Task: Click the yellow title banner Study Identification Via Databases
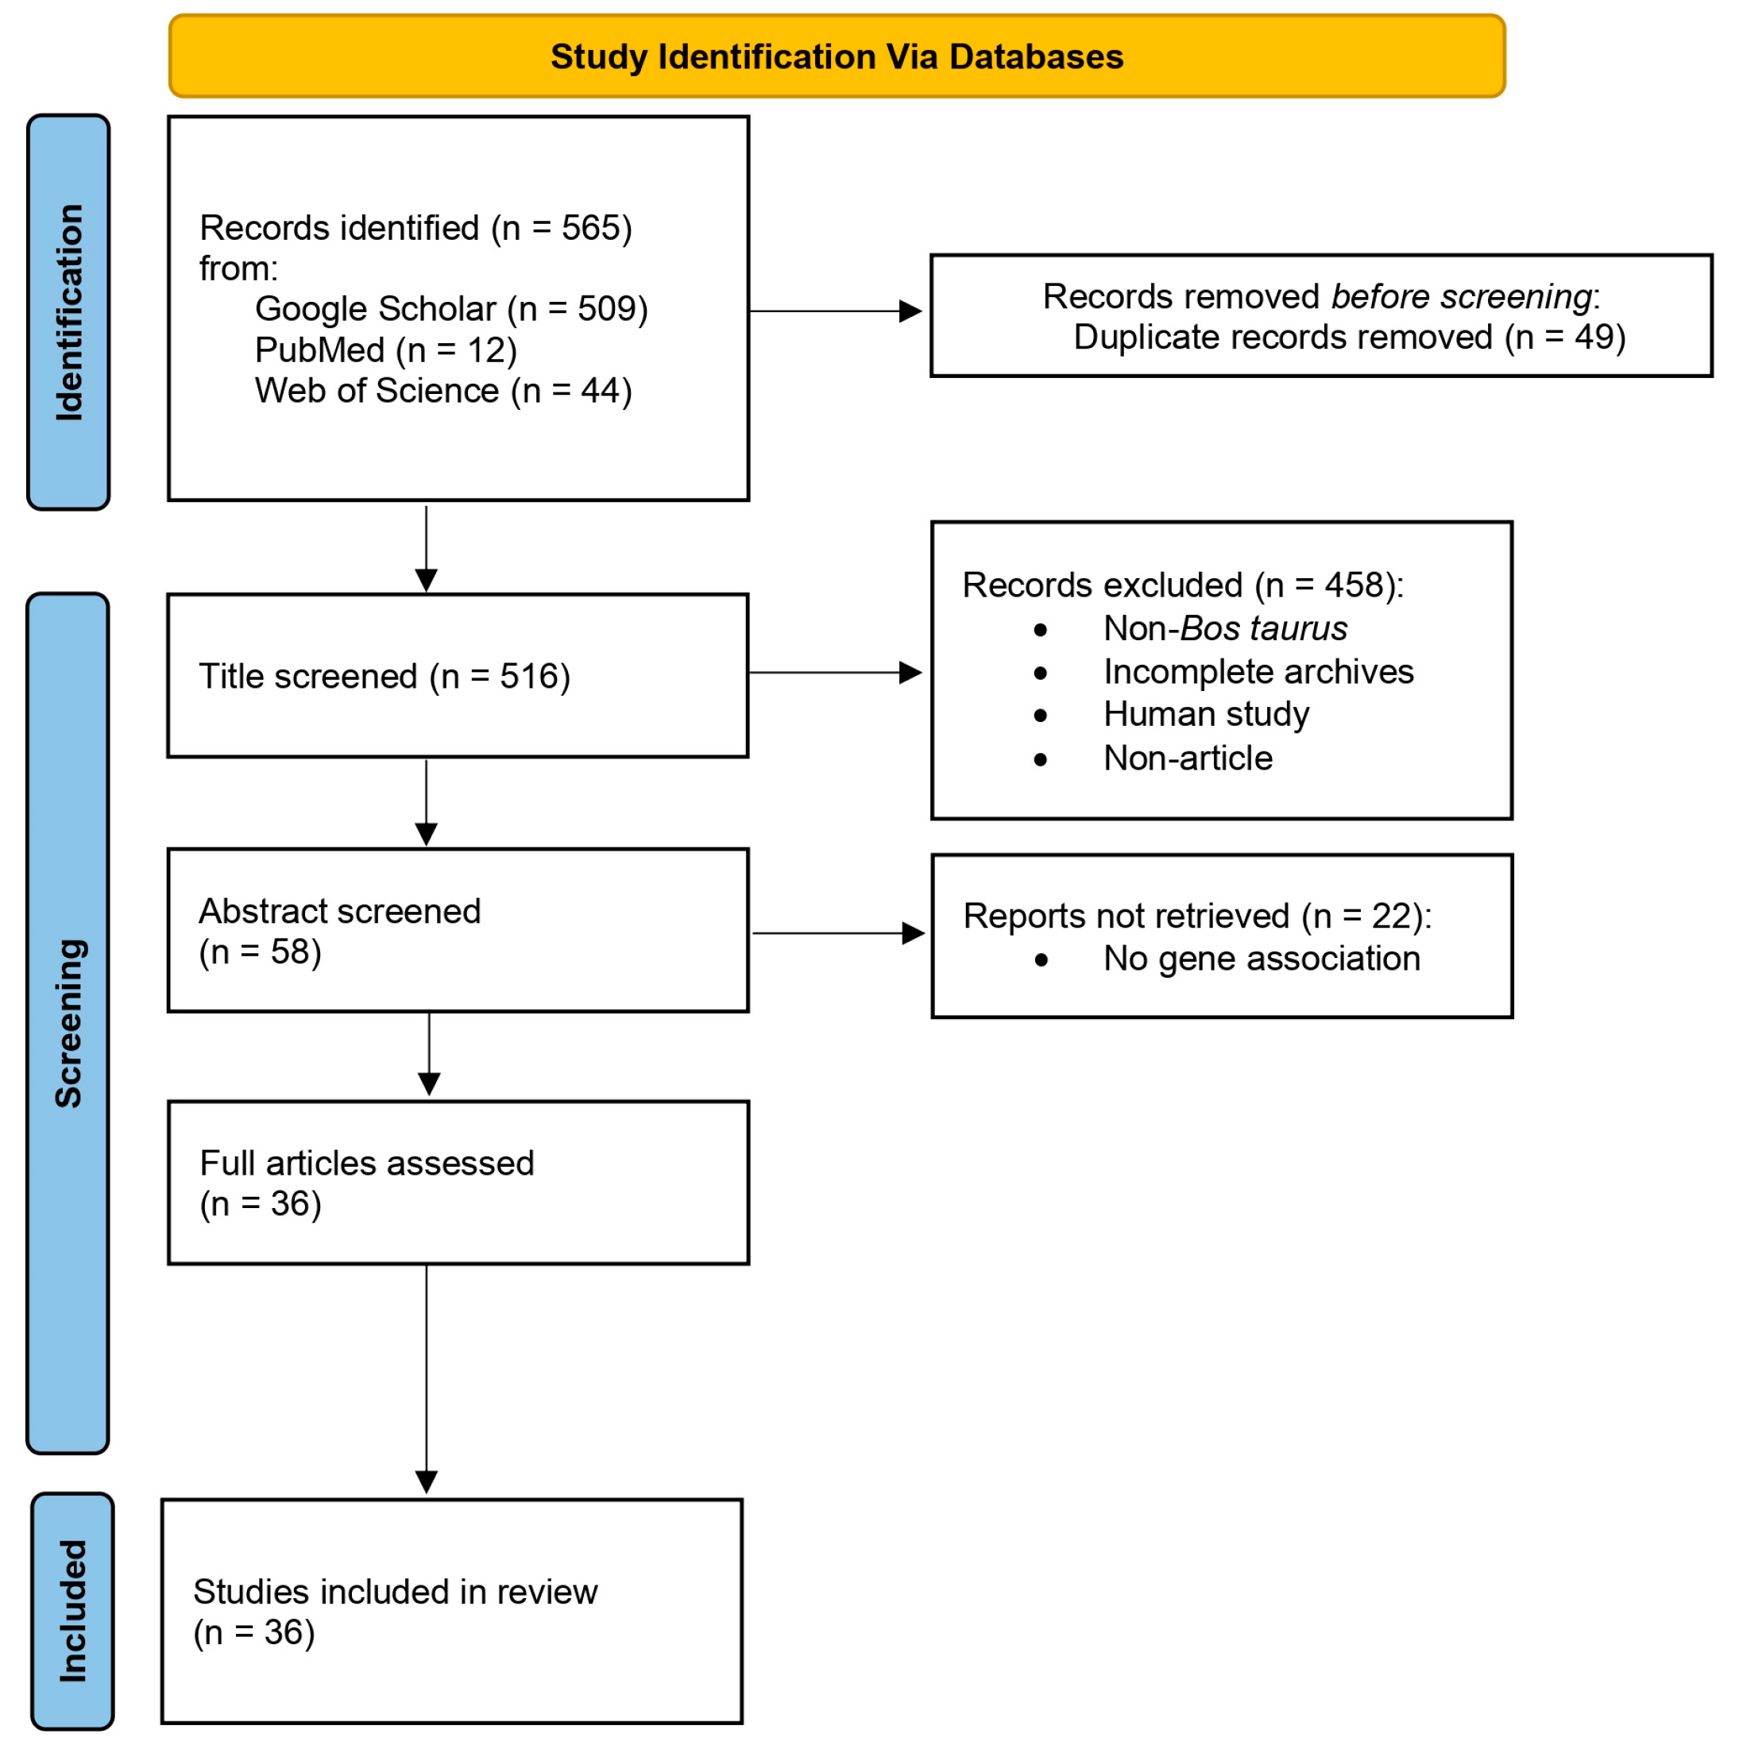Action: click(x=837, y=56)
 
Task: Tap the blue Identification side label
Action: click(x=68, y=311)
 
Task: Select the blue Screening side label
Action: click(x=68, y=1022)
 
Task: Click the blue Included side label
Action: click(x=72, y=1611)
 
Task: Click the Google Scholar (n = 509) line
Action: click(x=450, y=309)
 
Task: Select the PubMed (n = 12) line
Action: click(x=386, y=349)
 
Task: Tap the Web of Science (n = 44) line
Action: click(x=442, y=390)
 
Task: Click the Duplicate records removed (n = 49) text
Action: click(x=1349, y=337)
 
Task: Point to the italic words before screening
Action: click(x=1461, y=296)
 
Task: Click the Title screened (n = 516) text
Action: click(x=384, y=676)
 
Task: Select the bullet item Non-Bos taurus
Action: click(x=1224, y=627)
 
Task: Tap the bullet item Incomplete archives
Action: click(x=1258, y=671)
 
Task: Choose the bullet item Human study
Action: click(x=1205, y=713)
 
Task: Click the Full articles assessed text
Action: click(x=366, y=1183)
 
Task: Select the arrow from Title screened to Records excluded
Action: click(x=834, y=672)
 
